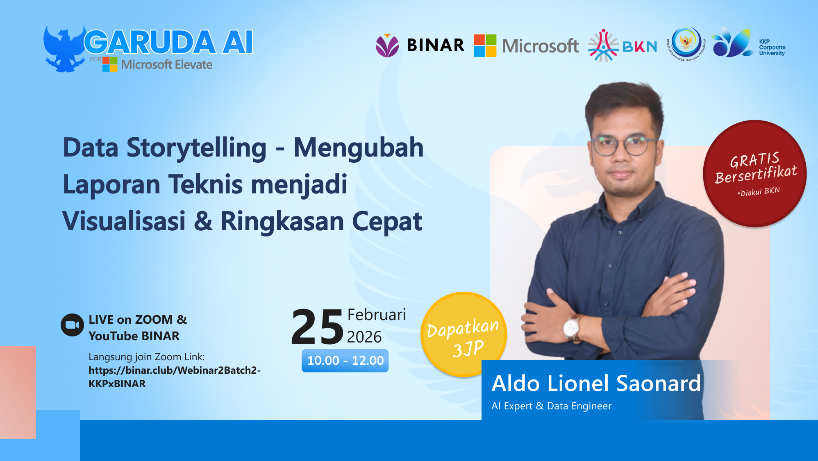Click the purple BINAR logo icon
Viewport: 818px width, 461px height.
point(387,45)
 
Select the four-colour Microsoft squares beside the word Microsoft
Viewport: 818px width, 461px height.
point(485,45)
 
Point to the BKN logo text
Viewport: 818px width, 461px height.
point(639,47)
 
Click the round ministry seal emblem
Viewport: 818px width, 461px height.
point(686,43)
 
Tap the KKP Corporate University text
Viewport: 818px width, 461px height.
point(772,48)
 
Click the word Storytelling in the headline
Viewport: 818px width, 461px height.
point(196,148)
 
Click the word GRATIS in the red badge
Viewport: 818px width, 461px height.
point(754,160)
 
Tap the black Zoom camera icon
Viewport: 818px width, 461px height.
point(72,325)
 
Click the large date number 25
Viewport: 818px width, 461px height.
point(317,327)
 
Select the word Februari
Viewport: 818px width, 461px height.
point(376,315)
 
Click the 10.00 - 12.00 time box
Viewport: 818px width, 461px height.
point(345,361)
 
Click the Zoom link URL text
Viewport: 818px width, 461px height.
point(174,377)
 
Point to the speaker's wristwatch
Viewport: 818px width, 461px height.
point(571,328)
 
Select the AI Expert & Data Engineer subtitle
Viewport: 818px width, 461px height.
point(551,406)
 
